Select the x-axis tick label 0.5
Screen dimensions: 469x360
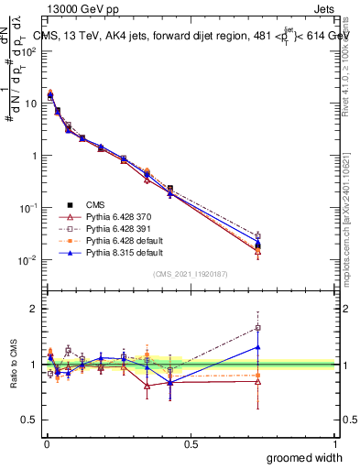[x=191, y=443]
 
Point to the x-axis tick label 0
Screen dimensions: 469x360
[x=46, y=443]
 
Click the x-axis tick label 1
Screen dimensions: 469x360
[x=335, y=443]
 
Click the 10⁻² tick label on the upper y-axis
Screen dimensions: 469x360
[x=28, y=260]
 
